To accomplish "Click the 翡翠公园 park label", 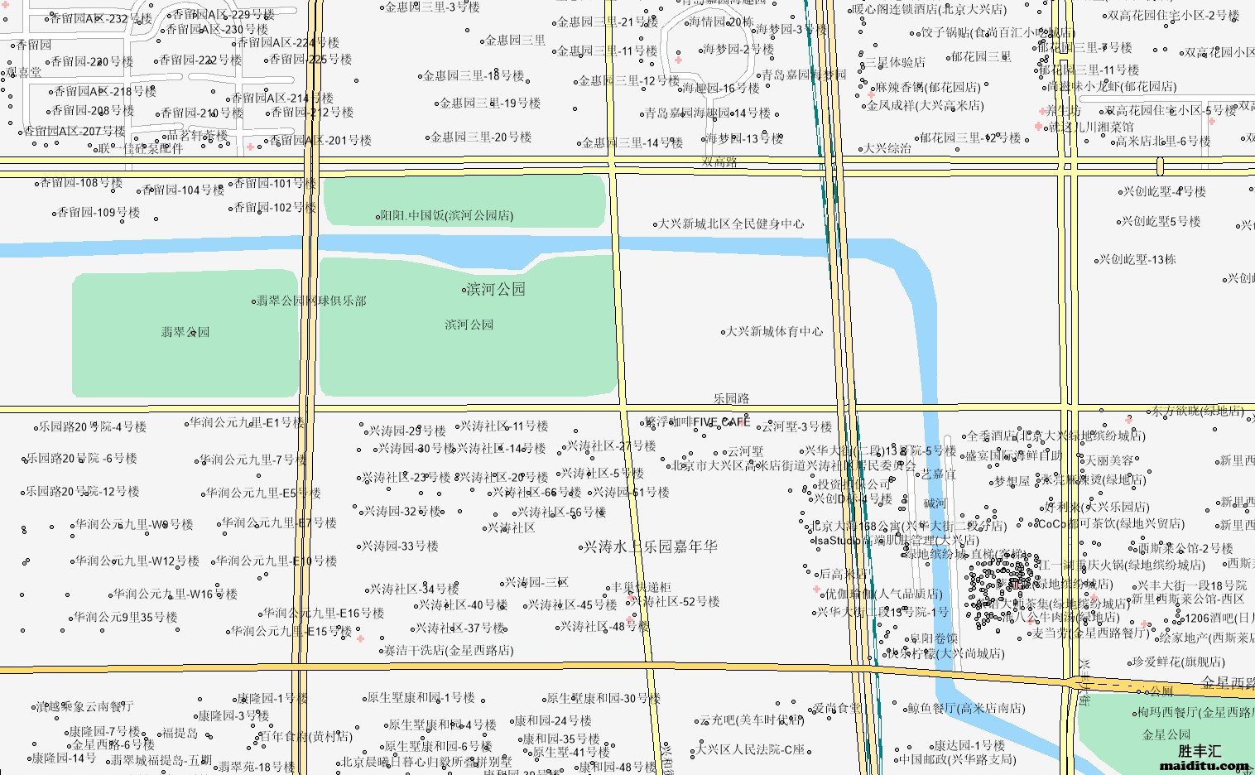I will (185, 332).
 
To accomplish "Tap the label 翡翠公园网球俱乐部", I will (310, 301).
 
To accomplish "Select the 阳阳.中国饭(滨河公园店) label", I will (447, 216).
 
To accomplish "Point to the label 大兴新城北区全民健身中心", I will (731, 224).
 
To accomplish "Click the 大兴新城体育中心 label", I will (774, 331).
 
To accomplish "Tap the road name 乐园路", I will (731, 399).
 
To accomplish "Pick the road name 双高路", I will (719, 162).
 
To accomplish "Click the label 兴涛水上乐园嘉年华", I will (651, 546).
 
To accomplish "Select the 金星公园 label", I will (1166, 734).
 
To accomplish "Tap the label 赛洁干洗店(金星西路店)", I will (448, 651).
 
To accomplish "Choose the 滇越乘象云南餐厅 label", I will (84, 707).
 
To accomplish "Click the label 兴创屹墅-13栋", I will (1137, 259).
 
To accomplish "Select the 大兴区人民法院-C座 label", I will (750, 749).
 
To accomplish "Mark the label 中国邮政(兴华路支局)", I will (957, 758).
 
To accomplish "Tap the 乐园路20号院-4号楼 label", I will (93, 427).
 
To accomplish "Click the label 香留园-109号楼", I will (99, 213).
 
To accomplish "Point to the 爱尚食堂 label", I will (837, 708).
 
